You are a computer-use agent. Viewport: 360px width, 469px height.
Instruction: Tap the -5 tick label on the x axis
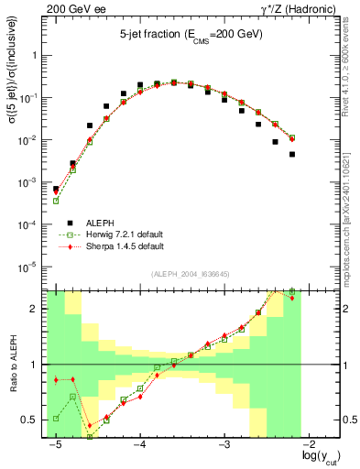(x=54, y=444)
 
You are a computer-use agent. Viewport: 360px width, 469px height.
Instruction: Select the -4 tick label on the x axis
(x=139, y=444)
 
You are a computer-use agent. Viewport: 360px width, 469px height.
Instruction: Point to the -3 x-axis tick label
(x=224, y=444)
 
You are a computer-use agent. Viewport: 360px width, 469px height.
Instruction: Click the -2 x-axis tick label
(x=310, y=444)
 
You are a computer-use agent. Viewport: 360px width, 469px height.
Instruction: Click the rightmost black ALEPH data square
(x=292, y=154)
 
